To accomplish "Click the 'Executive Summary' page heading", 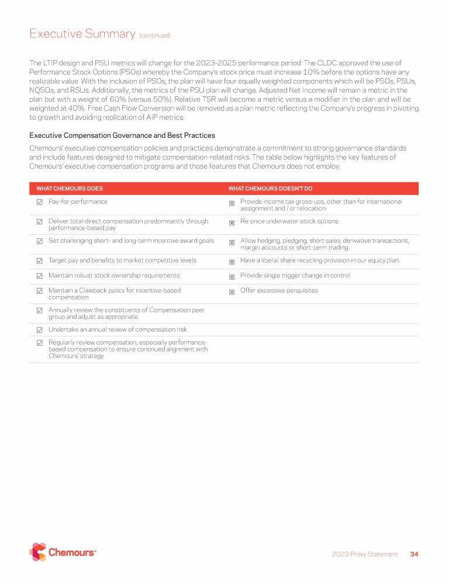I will click(82, 34).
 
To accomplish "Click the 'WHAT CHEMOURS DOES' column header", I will click(70, 189).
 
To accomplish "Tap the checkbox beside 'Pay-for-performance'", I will click(39, 203).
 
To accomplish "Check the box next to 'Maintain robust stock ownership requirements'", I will click(39, 276).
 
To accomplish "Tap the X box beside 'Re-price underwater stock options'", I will click(232, 223).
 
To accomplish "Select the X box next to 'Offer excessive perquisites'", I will click(232, 291).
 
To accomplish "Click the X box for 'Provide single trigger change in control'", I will click(232, 276).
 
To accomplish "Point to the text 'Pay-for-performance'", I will click(78, 201).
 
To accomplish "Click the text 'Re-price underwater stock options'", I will click(289, 221).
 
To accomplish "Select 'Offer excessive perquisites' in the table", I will click(279, 290).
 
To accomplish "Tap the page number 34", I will click(415, 554).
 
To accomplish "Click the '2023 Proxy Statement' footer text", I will click(365, 554).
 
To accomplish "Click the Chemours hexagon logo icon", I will click(37, 552).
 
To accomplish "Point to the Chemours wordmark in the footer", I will click(72, 552).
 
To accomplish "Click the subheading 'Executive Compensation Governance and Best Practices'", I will click(122, 135).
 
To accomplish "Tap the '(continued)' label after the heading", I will click(154, 36).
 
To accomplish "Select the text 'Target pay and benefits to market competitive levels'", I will click(122, 260).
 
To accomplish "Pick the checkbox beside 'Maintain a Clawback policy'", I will click(39, 291).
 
